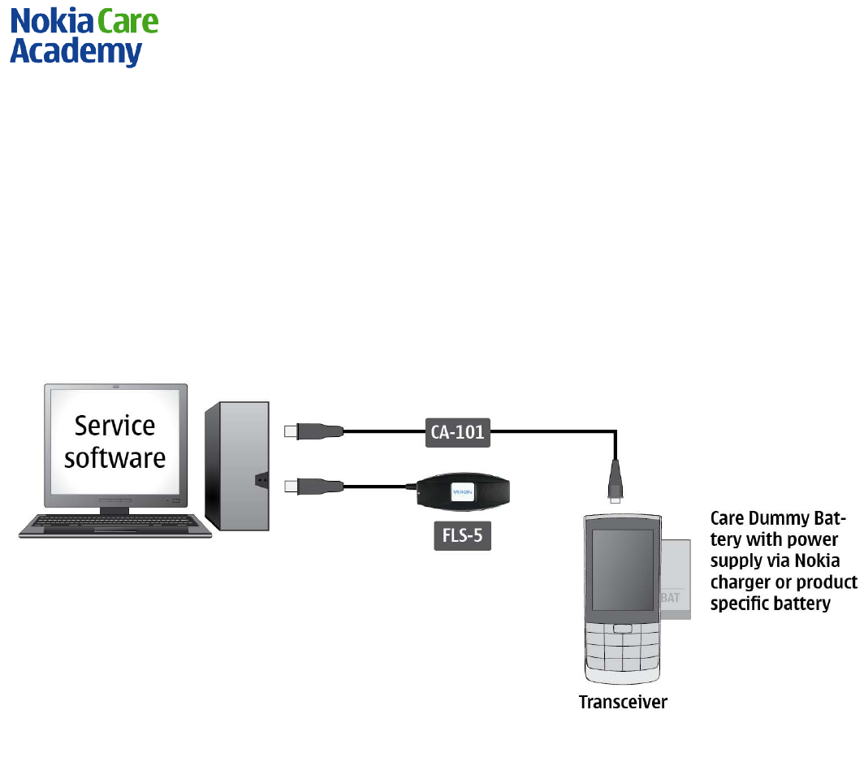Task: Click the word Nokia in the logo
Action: pyautogui.click(x=50, y=22)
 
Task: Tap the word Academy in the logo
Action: pyautogui.click(x=76, y=53)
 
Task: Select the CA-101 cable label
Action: pyautogui.click(x=457, y=431)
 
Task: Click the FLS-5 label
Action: pyautogui.click(x=462, y=536)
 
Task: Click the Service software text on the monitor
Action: pyautogui.click(x=114, y=441)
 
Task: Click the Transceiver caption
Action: pyautogui.click(x=623, y=702)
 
